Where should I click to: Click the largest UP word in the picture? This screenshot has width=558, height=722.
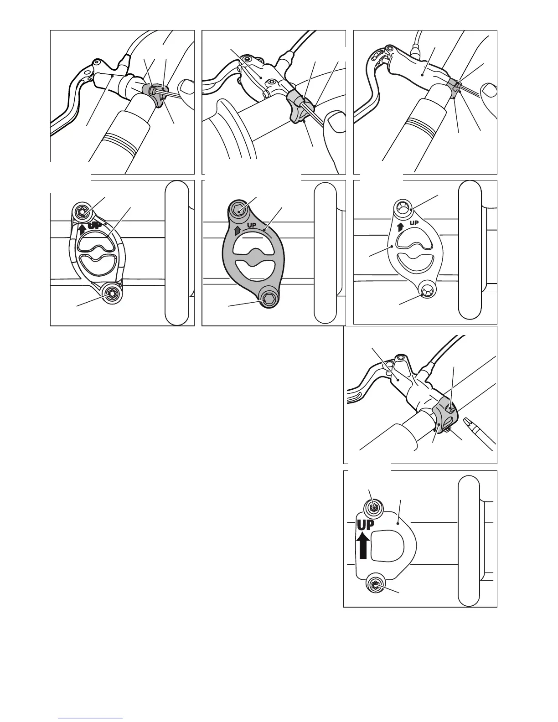point(365,525)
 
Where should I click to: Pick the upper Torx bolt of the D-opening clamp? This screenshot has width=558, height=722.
point(373,507)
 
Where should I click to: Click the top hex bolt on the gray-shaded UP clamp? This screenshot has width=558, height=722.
point(239,210)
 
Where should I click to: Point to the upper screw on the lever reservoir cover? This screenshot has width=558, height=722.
point(247,59)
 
